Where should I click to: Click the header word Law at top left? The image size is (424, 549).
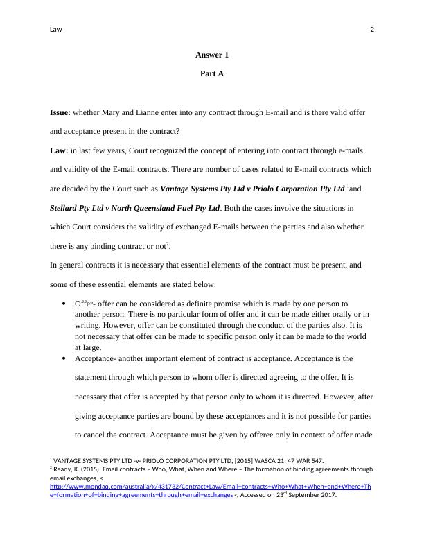click(x=55, y=30)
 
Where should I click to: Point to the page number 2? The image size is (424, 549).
click(x=372, y=30)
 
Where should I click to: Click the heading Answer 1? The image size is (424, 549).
click(x=211, y=55)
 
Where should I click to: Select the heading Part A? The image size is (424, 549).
click(x=211, y=73)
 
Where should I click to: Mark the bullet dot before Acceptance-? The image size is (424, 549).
click(x=64, y=359)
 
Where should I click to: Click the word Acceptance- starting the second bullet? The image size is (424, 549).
click(x=96, y=359)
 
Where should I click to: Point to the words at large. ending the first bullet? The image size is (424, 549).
click(x=87, y=348)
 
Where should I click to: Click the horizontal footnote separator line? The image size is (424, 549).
click(x=81, y=455)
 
